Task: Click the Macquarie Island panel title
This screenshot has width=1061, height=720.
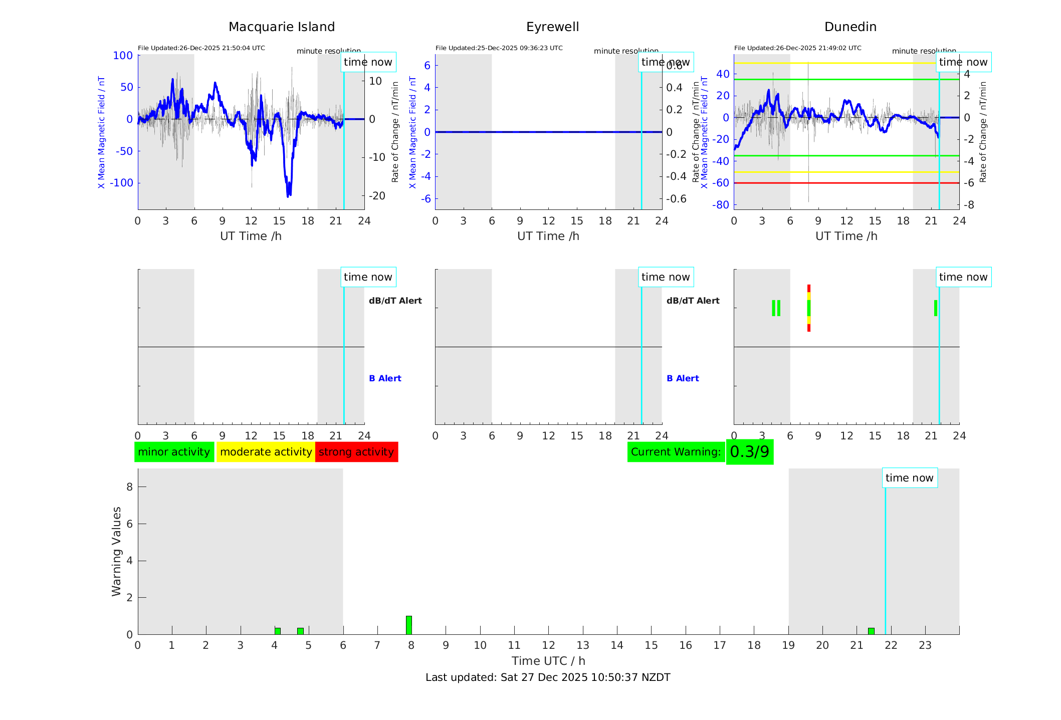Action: [x=281, y=27]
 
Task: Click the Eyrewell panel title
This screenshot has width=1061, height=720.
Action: [x=552, y=27]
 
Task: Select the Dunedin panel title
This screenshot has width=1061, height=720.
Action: [x=850, y=27]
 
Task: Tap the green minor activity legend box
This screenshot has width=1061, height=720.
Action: [x=174, y=452]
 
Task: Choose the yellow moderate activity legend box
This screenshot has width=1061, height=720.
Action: [x=266, y=452]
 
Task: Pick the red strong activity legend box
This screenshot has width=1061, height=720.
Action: [x=356, y=452]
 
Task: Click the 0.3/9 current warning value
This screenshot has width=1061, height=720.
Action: [x=749, y=452]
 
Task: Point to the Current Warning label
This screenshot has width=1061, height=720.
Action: [x=676, y=452]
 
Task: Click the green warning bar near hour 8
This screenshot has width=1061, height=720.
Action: [x=409, y=625]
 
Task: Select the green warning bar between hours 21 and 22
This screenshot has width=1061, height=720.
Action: [x=871, y=631]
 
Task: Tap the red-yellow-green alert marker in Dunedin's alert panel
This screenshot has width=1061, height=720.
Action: [x=808, y=308]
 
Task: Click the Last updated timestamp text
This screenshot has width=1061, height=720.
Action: [x=548, y=677]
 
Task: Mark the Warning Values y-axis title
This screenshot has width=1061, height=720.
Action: [x=116, y=551]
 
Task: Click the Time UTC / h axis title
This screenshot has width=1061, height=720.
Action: [x=548, y=661]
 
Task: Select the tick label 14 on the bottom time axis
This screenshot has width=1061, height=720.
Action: [x=617, y=645]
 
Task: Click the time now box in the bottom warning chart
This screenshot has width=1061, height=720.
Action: [x=909, y=478]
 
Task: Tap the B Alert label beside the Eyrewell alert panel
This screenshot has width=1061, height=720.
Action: [x=683, y=378]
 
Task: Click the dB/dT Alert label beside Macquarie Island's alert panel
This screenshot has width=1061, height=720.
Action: [x=395, y=301]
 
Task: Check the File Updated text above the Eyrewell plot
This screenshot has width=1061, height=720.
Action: [x=499, y=48]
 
